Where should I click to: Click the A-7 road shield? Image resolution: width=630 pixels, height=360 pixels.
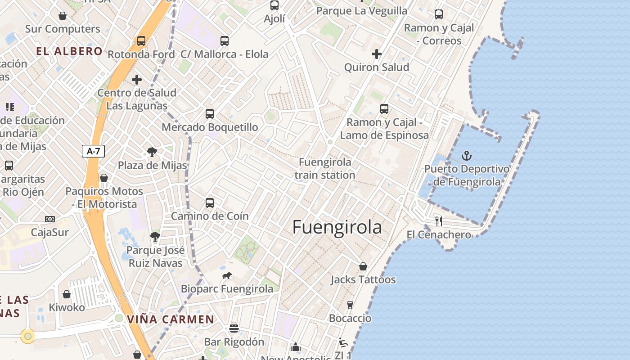pyautogui.click(x=93, y=151)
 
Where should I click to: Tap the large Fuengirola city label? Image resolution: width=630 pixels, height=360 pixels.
pyautogui.click(x=337, y=227)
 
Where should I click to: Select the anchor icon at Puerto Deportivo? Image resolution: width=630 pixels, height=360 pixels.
pyautogui.click(x=467, y=156)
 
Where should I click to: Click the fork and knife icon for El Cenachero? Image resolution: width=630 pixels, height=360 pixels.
pyautogui.click(x=439, y=221)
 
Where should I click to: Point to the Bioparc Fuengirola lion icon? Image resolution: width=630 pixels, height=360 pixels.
pyautogui.click(x=227, y=275)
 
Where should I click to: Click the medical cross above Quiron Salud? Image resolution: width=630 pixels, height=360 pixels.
pyautogui.click(x=376, y=54)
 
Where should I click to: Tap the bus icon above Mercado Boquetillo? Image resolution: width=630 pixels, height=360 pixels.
pyautogui.click(x=210, y=114)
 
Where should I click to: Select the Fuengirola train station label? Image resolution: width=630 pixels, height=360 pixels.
pyautogui.click(x=325, y=168)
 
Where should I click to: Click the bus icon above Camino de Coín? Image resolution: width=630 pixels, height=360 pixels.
pyautogui.click(x=210, y=203)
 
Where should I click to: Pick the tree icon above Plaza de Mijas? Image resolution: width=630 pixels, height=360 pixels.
pyautogui.click(x=152, y=152)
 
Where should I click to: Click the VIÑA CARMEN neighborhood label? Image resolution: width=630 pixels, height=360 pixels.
pyautogui.click(x=171, y=319)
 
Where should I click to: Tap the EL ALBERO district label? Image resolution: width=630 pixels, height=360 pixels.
pyautogui.click(x=69, y=51)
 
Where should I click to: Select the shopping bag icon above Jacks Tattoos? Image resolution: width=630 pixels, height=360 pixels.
pyautogui.click(x=363, y=266)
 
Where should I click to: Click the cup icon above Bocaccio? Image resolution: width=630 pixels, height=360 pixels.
pyautogui.click(x=350, y=305)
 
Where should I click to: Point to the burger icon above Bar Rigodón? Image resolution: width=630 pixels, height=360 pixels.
pyautogui.click(x=234, y=328)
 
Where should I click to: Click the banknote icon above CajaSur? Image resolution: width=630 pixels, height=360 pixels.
pyautogui.click(x=49, y=219)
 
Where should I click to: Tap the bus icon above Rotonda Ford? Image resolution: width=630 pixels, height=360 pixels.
pyautogui.click(x=141, y=41)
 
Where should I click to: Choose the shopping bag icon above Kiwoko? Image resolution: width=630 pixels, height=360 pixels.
pyautogui.click(x=67, y=294)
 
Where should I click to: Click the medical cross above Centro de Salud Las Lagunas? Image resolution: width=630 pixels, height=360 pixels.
pyautogui.click(x=137, y=80)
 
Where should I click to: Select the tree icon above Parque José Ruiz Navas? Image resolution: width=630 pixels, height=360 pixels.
pyautogui.click(x=155, y=237)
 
